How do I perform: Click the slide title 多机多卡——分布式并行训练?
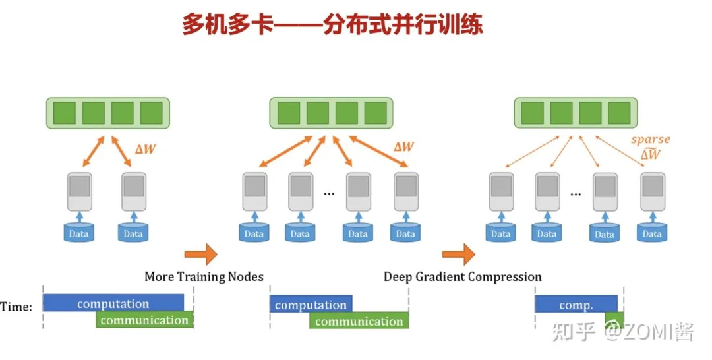tap(332, 25)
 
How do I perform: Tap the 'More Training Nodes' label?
tap(204, 276)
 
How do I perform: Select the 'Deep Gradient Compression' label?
tap(462, 276)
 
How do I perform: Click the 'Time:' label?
tap(16, 307)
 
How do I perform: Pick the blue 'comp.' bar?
tap(576, 305)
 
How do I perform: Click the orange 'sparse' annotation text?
tap(650, 140)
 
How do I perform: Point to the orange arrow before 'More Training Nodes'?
tap(200, 253)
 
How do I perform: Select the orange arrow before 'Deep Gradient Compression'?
tap(458, 253)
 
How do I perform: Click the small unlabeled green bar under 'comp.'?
tap(614, 320)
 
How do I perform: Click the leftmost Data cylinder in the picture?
tap(78, 233)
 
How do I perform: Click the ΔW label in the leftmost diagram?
tap(146, 148)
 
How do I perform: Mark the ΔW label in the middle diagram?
tap(403, 146)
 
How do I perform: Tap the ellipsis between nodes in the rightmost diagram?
tap(576, 194)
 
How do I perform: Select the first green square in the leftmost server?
tap(64, 113)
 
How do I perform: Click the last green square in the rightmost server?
tap(619, 113)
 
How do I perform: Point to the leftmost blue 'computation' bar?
tap(113, 304)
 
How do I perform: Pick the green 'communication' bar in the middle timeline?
tap(359, 321)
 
